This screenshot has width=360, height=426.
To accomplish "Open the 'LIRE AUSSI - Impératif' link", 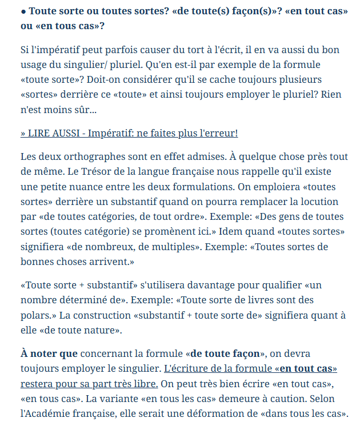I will click(129, 133).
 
